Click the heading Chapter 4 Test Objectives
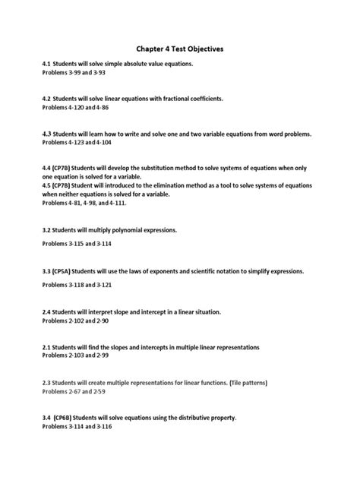(x=180, y=49)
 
